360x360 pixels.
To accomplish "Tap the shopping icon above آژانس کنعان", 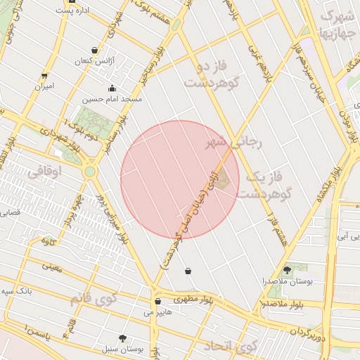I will [94, 50].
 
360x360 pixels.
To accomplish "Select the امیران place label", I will [44, 86].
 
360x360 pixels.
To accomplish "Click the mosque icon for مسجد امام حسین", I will [112, 89].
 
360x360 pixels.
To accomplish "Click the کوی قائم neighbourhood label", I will [92, 300].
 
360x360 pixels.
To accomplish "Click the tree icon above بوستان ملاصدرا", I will [287, 269].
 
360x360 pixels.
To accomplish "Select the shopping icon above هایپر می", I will [157, 302].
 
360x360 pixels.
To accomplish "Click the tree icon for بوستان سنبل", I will [124, 338].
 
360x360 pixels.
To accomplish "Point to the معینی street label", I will [52, 268].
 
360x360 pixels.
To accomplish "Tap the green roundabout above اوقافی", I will [89, 171].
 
